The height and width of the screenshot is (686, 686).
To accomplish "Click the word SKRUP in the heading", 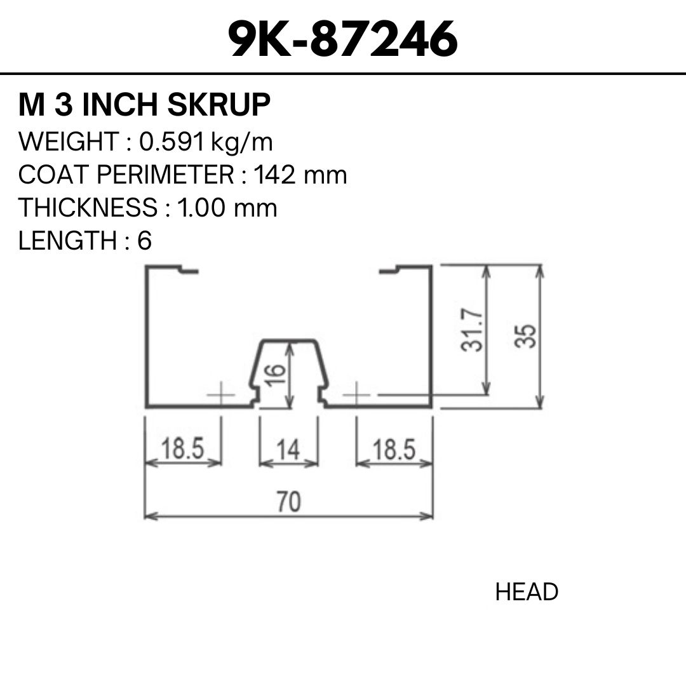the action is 219,105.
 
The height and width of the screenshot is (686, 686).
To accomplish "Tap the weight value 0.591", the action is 172,142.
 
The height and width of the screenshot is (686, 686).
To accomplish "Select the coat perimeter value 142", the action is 274,175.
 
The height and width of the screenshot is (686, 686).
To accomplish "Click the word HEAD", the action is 527,592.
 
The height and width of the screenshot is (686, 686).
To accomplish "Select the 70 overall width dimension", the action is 289,501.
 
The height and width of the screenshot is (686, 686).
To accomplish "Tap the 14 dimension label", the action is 288,450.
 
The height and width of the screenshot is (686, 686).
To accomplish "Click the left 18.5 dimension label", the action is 183,448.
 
